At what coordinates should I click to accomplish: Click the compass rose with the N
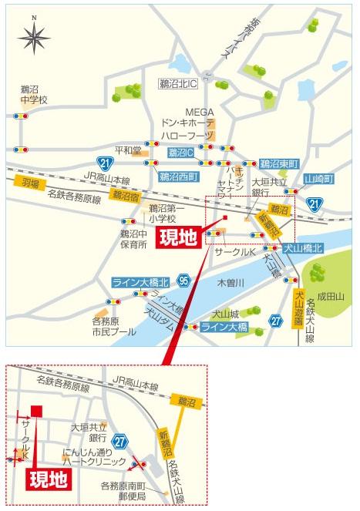coord(33,35)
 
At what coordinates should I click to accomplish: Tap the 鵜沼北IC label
coord(178,82)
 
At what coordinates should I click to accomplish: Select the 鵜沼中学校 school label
coord(34,94)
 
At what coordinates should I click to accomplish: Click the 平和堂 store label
coord(128,151)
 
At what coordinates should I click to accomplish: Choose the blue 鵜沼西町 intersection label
coord(178,176)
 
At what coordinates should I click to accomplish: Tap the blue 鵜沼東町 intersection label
coord(278,163)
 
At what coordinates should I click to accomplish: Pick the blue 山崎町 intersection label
coord(318,179)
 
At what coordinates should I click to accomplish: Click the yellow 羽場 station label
coord(29,183)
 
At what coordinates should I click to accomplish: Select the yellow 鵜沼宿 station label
coord(125,196)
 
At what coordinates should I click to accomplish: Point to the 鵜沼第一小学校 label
coord(167,213)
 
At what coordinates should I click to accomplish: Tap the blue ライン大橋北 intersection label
coord(140,282)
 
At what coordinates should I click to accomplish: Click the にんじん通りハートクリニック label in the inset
coord(94,456)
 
